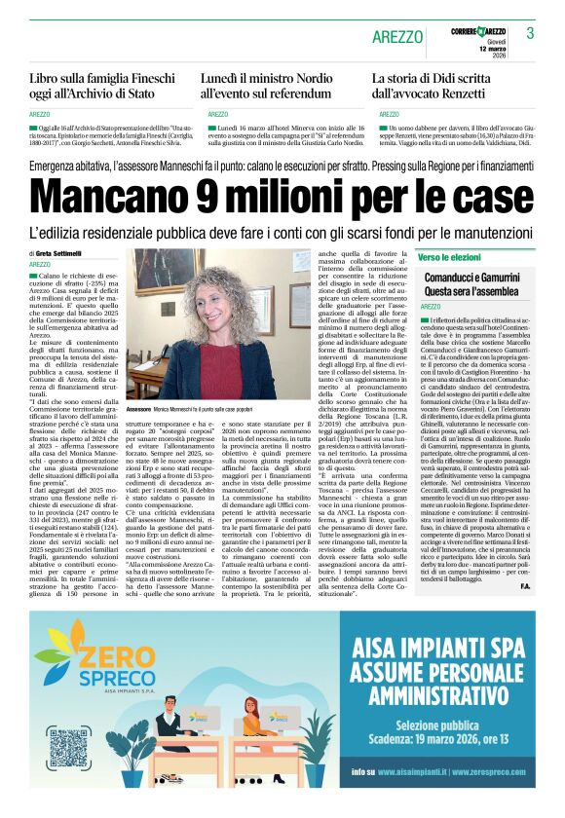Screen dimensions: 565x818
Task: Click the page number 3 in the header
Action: (x=531, y=33)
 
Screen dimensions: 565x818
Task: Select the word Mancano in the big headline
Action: (x=126, y=201)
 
